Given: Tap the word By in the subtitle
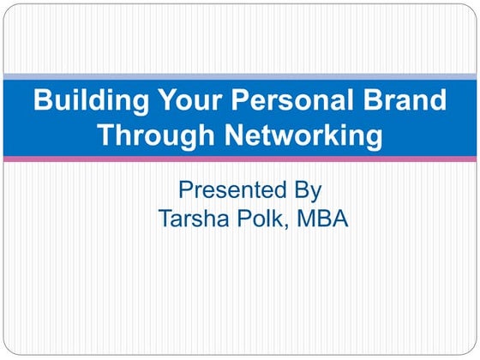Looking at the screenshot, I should [307, 189].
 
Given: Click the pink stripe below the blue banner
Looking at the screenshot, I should [240, 159].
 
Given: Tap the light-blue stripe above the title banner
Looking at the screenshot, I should [240, 77].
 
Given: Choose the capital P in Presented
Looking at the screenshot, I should [185, 189].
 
